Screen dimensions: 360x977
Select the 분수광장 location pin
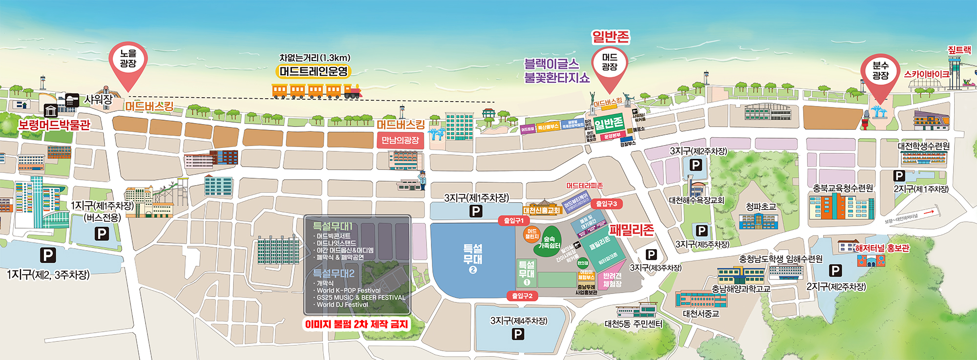[x=880, y=73]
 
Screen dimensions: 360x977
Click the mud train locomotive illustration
[x=353, y=90]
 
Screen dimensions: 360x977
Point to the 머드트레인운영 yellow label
[x=314, y=71]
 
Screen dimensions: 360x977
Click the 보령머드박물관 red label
[x=54, y=125]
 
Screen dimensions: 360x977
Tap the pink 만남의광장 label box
[x=400, y=141]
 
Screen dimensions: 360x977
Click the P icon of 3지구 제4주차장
[x=518, y=334]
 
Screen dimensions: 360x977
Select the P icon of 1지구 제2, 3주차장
[x=47, y=255]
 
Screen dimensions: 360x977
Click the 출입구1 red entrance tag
[x=513, y=221]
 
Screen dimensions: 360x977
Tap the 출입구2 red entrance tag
[x=522, y=296]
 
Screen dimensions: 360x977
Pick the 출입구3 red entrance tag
[x=606, y=204]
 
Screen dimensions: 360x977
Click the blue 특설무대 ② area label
[x=472, y=258]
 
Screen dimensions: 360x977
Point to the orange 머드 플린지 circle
[x=532, y=234]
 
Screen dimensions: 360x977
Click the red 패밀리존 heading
[x=631, y=230]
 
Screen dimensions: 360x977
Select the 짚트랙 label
[x=959, y=50]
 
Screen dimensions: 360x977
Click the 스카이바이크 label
[x=927, y=74]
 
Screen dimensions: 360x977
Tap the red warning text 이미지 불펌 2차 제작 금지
[x=356, y=324]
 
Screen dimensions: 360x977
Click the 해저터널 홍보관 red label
[x=882, y=248]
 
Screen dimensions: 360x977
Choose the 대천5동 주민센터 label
[x=633, y=324]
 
